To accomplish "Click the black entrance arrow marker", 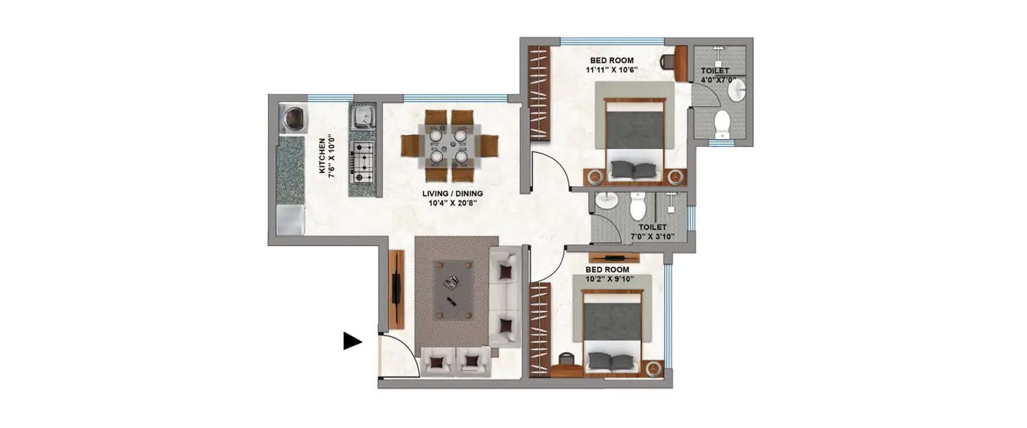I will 352,341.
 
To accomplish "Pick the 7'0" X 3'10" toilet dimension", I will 652,237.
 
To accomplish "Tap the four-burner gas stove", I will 362,163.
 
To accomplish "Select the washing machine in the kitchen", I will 292,118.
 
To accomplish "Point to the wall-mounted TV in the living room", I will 396,290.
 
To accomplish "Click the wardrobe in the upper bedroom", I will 540,93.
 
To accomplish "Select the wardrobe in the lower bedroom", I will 540,329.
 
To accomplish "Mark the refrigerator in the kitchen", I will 290,219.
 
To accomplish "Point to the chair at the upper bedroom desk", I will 669,62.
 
